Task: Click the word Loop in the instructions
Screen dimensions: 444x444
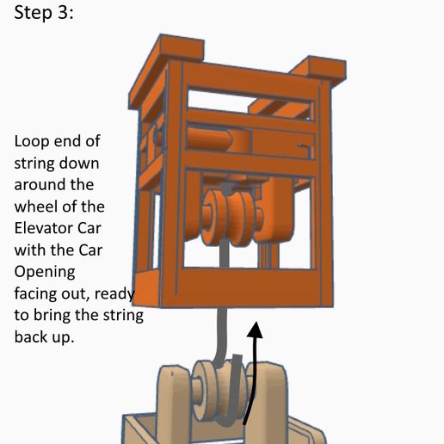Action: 32,141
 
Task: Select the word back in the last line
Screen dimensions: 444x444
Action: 32,337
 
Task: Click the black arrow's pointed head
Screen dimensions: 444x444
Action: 255,330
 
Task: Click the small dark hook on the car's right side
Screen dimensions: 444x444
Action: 304,149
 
